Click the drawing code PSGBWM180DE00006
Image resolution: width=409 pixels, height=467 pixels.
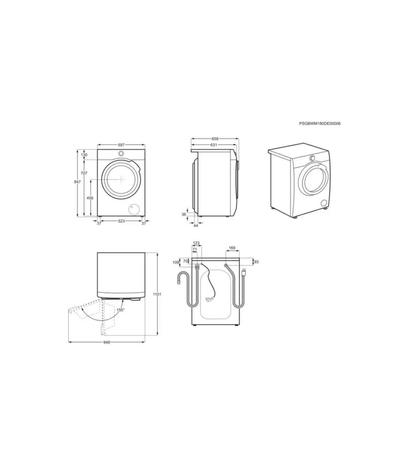click(320, 124)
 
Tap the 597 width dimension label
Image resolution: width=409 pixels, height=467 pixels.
click(121, 145)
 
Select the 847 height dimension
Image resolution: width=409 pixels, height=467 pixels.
click(77, 182)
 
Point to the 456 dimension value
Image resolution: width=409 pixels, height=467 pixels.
click(90, 198)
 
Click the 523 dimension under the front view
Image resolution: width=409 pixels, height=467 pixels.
click(122, 221)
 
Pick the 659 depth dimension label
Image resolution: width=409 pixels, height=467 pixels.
click(215, 139)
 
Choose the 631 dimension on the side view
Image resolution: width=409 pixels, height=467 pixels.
click(213, 145)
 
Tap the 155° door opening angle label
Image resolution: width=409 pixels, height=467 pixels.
click(120, 310)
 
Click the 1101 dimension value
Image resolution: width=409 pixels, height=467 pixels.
click(157, 294)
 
